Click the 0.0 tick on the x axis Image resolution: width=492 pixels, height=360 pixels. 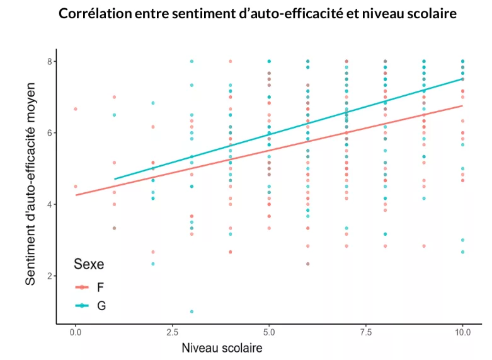click(x=76, y=332)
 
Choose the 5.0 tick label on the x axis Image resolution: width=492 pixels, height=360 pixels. click(x=269, y=332)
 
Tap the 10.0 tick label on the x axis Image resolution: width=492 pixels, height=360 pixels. click(x=463, y=332)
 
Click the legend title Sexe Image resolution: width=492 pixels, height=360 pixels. click(x=89, y=264)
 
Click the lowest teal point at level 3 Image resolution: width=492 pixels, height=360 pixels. click(x=192, y=311)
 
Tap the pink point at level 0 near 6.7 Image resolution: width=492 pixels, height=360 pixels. click(x=76, y=109)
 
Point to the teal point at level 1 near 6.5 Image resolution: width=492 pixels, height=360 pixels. click(x=114, y=115)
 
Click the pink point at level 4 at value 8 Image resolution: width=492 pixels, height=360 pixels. click(x=231, y=61)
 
